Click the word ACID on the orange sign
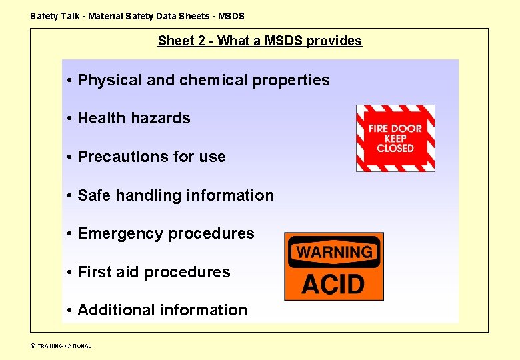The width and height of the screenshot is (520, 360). (333, 285)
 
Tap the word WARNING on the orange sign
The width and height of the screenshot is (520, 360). (334, 253)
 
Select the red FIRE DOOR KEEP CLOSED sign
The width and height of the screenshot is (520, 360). (395, 138)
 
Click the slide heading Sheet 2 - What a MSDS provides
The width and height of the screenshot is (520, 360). (260, 41)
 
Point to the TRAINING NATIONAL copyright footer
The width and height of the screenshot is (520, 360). (61, 346)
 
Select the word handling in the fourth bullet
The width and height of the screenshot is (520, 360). (149, 195)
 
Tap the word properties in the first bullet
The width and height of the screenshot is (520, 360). (292, 80)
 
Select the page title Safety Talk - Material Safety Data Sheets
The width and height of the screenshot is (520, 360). (137, 15)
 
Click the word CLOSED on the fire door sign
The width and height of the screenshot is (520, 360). (395, 149)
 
